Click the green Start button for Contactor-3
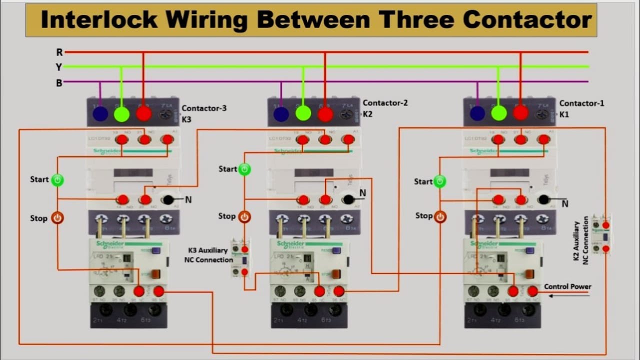(57, 180)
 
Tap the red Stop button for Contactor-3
(57, 218)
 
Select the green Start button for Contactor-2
(244, 169)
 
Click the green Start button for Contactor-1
(439, 181)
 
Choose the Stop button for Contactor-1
(439, 216)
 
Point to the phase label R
(59, 52)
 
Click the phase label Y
(59, 67)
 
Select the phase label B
(59, 83)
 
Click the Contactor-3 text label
(203, 108)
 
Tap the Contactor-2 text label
(385, 103)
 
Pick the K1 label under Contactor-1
(564, 114)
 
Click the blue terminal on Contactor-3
(100, 114)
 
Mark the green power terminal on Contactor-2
(303, 113)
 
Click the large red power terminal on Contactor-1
(520, 113)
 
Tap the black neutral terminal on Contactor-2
(348, 199)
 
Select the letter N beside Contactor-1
(564, 203)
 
